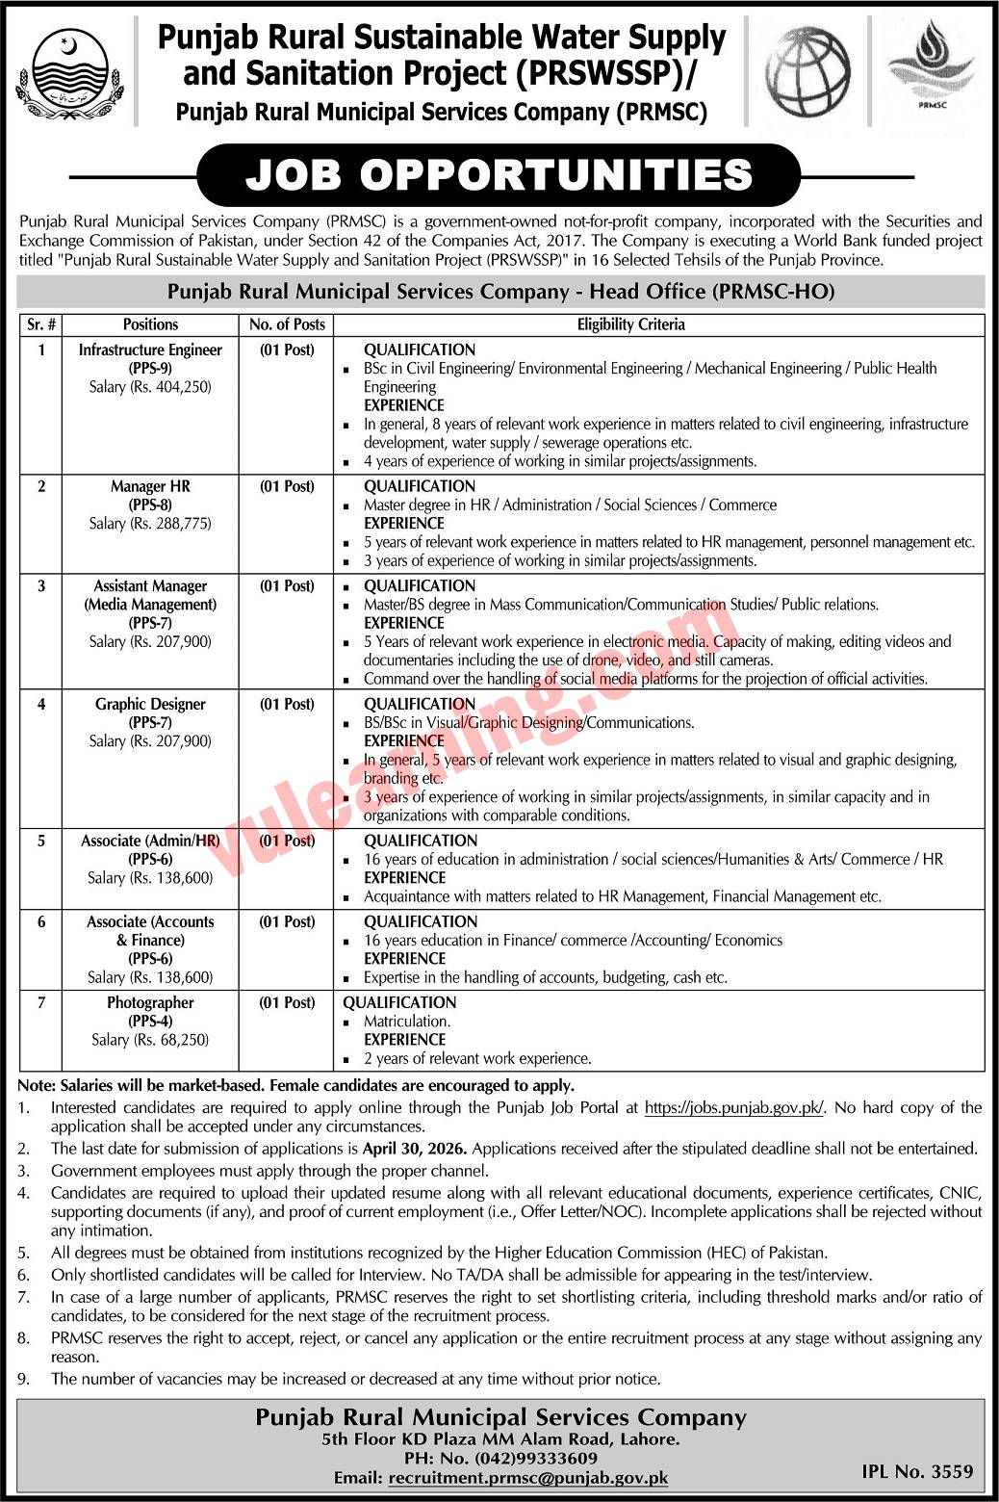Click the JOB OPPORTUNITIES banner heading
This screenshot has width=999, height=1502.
pyautogui.click(x=499, y=175)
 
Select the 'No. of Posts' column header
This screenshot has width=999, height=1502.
pyautogui.click(x=287, y=324)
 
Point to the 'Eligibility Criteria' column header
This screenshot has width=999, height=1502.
pyautogui.click(x=630, y=324)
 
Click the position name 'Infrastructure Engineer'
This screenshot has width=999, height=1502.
pyautogui.click(x=150, y=350)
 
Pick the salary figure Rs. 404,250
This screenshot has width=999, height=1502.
pyautogui.click(x=150, y=387)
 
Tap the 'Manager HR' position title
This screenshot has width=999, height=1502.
pyautogui.click(x=150, y=487)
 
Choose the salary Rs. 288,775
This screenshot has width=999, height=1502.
pyautogui.click(x=150, y=524)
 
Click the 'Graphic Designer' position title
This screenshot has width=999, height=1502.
pyautogui.click(x=150, y=705)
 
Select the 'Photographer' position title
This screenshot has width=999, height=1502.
pyautogui.click(x=150, y=1003)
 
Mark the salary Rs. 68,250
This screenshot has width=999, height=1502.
pyautogui.click(x=150, y=1040)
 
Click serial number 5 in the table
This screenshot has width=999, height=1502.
pyautogui.click(x=41, y=842)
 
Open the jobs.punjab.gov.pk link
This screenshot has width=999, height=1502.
pyautogui.click(x=734, y=1108)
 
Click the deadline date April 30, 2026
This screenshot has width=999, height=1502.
pyautogui.click(x=415, y=1149)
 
